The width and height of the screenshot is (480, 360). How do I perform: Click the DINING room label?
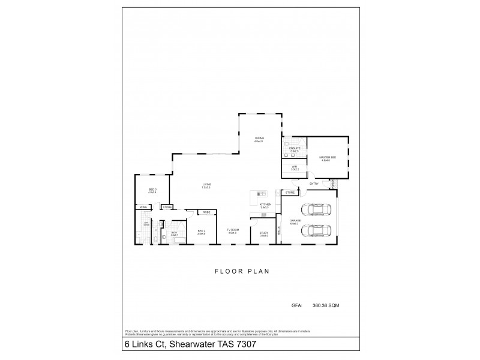pos(259,138)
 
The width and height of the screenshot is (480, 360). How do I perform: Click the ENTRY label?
pos(313,184)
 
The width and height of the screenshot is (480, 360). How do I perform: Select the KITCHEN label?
pos(265,205)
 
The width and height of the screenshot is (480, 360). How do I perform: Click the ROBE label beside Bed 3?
pos(143,207)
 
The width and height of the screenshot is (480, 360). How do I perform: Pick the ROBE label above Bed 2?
pos(206,212)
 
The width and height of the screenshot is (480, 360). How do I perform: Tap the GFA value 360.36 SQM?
pos(326,305)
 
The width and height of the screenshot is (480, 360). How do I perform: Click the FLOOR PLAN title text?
pos(242,271)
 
